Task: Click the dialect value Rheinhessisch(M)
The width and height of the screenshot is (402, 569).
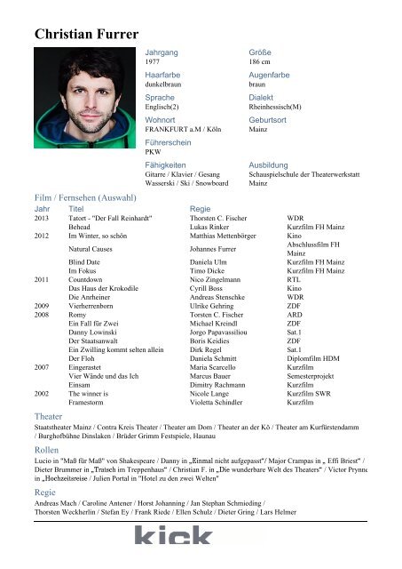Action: pyautogui.click(x=276, y=107)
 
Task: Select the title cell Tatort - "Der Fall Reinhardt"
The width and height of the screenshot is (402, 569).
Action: pyautogui.click(x=110, y=218)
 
